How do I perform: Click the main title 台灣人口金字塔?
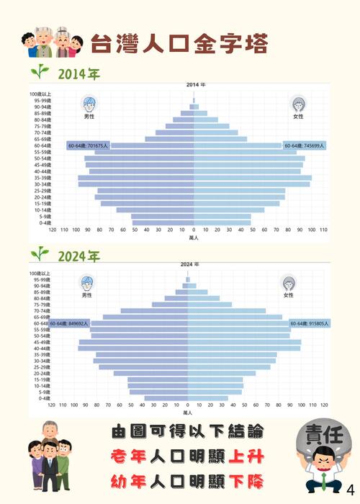(179, 42)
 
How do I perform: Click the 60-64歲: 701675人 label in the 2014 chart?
(88, 145)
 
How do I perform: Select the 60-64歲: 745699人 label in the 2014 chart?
(304, 145)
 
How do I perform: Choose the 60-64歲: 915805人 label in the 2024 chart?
(310, 323)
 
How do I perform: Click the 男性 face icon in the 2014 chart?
(89, 103)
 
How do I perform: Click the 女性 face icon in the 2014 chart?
(297, 103)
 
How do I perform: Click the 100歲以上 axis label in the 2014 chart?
(40, 94)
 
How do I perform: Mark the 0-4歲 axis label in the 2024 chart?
(45, 398)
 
